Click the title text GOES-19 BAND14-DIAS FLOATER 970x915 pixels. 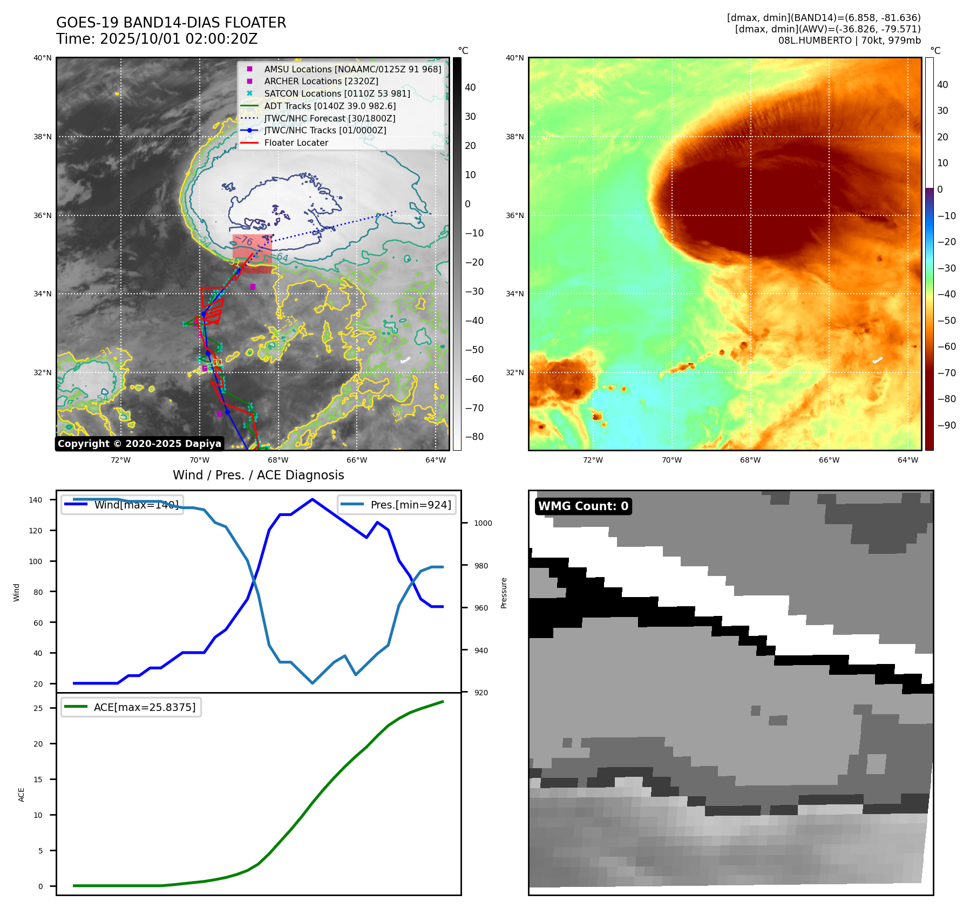(171, 23)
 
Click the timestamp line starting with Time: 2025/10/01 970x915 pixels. (157, 39)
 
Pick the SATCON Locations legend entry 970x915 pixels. (337, 93)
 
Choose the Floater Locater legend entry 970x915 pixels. (296, 143)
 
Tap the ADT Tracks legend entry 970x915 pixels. (329, 106)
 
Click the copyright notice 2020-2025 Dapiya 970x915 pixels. (139, 444)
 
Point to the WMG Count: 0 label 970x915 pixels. (583, 506)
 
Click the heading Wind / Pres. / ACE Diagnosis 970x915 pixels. (258, 475)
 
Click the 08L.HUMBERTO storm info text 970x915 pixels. (849, 40)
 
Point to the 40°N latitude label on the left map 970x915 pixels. (43, 58)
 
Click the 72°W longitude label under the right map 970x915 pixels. (593, 460)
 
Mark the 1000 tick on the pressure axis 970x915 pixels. (483, 523)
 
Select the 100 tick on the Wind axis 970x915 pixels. (35, 561)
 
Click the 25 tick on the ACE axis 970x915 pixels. (38, 708)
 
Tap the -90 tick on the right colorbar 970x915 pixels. (946, 425)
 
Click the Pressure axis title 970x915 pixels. (504, 593)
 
